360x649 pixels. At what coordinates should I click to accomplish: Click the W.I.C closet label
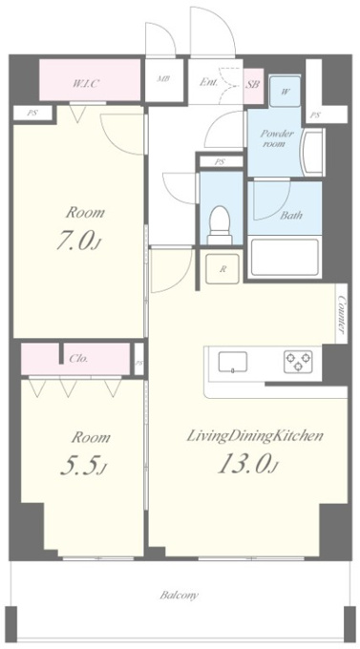tap(86, 84)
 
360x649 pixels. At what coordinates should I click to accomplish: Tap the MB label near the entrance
tap(163, 79)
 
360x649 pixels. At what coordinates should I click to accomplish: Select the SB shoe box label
tap(253, 84)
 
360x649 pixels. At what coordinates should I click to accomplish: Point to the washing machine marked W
tap(285, 92)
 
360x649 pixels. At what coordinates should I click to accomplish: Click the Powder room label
tap(277, 138)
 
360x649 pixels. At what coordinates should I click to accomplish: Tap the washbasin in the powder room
tap(313, 153)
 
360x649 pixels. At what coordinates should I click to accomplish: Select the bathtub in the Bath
tap(285, 257)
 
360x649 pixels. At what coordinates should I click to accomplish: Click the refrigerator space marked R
tap(222, 269)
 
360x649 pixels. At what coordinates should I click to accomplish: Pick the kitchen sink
tap(233, 362)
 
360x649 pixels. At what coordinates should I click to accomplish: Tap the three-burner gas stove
tap(298, 361)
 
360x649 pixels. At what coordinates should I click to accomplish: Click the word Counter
tap(342, 314)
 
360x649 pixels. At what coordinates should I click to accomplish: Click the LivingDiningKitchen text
tap(255, 437)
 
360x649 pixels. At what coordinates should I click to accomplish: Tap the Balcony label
tap(180, 596)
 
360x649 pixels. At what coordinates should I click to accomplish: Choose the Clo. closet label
tap(78, 359)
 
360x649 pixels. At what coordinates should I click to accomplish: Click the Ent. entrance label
tap(208, 82)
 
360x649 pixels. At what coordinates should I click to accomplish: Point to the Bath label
tap(291, 216)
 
